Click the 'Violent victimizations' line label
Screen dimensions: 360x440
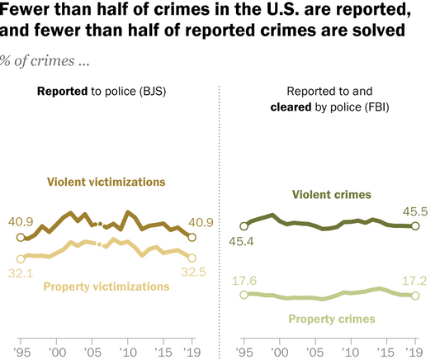pyautogui.click(x=106, y=181)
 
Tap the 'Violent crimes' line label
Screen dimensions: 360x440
pyautogui.click(x=332, y=194)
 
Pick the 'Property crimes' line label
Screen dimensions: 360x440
pyautogui.click(x=331, y=318)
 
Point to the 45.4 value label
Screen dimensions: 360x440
pyautogui.click(x=246, y=242)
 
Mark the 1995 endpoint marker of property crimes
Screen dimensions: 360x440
pyautogui.click(x=244, y=295)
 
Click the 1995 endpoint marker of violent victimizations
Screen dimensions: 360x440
pyautogui.click(x=21, y=238)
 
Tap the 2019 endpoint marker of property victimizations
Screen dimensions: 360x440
pyautogui.click(x=192, y=258)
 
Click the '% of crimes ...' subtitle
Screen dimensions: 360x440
pyautogui.click(x=45, y=61)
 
